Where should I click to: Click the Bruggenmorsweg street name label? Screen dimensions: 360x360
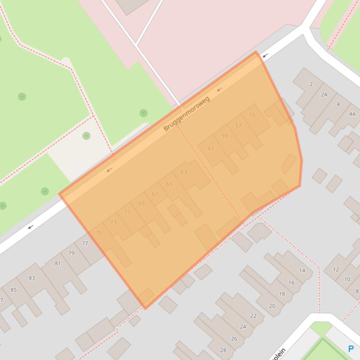coord(187,114)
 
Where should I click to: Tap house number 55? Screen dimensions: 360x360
coord(252,115)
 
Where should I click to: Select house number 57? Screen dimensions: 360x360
coord(238,126)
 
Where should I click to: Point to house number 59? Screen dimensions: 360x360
coord(224,136)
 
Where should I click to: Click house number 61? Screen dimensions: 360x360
coord(211,149)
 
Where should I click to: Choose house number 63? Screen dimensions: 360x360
coord(184,172)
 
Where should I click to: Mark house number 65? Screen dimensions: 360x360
coord(169,184)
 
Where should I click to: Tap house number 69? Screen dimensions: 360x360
coord(141,203)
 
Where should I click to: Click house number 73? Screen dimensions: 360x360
coord(113,223)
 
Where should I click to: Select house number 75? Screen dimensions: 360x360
coord(99,233)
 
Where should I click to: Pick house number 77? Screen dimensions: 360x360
coord(85,244)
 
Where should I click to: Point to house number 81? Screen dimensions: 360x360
coord(58,263)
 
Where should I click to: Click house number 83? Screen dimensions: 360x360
coord(32,278)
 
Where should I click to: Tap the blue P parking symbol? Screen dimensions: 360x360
coord(351,349)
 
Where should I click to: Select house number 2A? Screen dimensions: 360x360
coord(324,94)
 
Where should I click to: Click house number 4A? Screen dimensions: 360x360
coord(352,114)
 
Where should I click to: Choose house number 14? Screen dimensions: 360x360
coord(302,271)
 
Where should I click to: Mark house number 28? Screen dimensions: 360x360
coord(223,350)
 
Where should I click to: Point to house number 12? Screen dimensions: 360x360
coord(336,270)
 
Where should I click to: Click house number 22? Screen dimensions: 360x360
coord(253,316)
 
